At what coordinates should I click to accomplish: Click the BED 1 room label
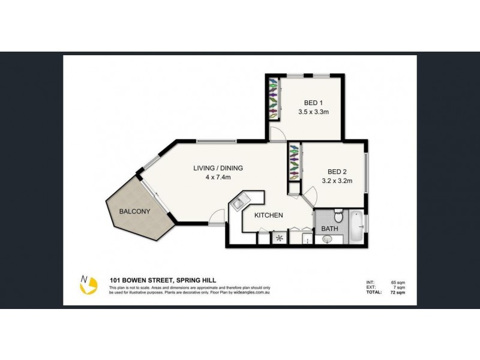[310, 103]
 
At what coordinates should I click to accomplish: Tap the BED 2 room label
[336, 170]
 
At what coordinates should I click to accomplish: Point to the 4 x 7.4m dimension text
[218, 177]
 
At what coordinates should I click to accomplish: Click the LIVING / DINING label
[218, 168]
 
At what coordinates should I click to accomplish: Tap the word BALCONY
[134, 211]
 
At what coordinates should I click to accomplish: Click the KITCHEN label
[269, 215]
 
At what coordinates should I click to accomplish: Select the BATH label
[329, 229]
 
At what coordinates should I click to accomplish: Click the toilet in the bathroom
[338, 215]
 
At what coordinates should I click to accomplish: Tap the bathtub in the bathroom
[356, 226]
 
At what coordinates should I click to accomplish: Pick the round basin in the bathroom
[327, 239]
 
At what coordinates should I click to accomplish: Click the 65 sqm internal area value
[397, 281]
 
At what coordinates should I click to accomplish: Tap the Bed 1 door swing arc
[277, 134]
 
